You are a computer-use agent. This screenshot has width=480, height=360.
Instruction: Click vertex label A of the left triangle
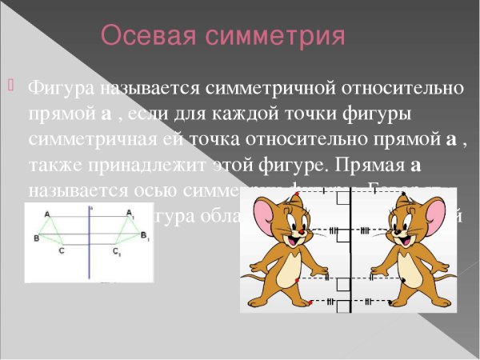point(47,214)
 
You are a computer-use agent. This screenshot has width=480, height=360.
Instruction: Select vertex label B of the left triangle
point(36,238)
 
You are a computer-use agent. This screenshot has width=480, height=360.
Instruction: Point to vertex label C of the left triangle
point(62,250)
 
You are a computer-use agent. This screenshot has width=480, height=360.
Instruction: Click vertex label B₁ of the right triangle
point(145,237)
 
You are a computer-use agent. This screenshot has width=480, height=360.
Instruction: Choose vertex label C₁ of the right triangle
point(118,251)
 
